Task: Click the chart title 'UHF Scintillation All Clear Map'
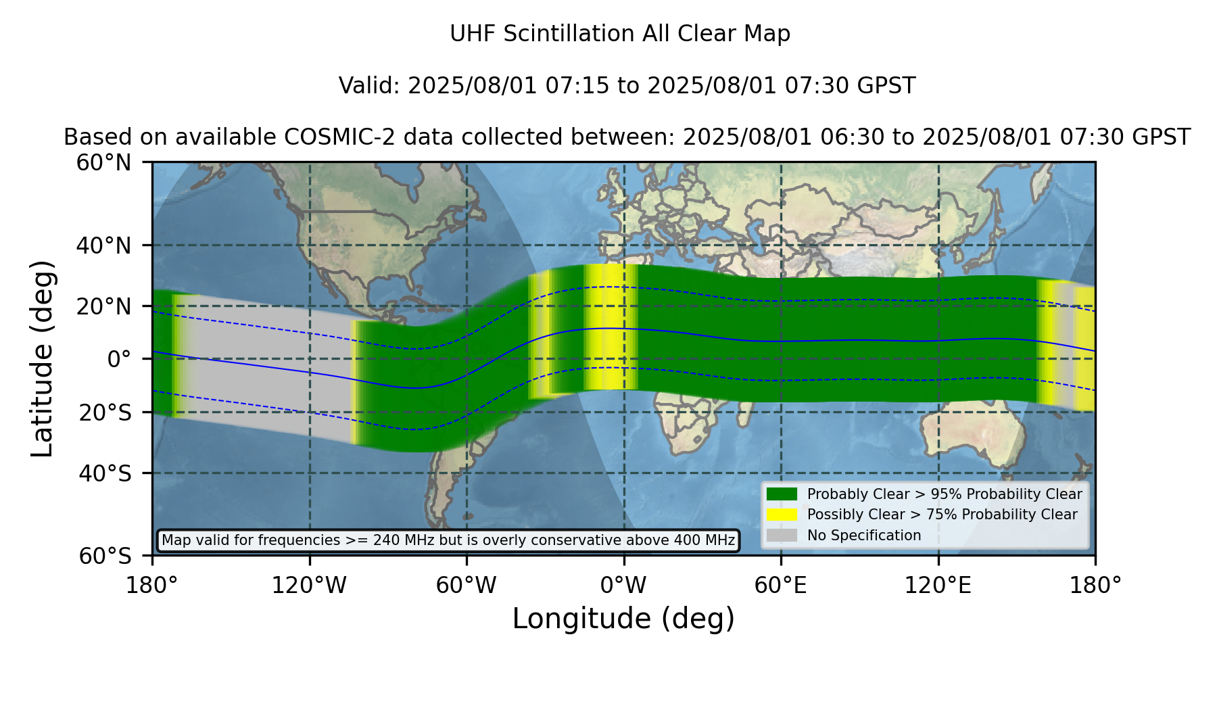[x=620, y=33]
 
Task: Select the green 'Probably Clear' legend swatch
[x=782, y=494]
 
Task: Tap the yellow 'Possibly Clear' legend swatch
[x=782, y=515]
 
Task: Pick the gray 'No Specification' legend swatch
[x=782, y=536]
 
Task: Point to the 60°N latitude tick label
[x=103, y=162]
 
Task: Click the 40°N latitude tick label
[x=103, y=245]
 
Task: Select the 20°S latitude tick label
[x=105, y=412]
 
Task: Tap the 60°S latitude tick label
[x=105, y=556]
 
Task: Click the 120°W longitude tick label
[x=309, y=585]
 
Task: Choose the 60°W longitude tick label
[x=467, y=585]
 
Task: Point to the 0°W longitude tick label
[x=624, y=585]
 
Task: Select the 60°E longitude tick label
[x=781, y=585]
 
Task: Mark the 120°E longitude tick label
[x=938, y=585]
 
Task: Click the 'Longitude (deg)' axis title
[x=623, y=619]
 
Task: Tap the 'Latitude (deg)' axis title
[x=42, y=358]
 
